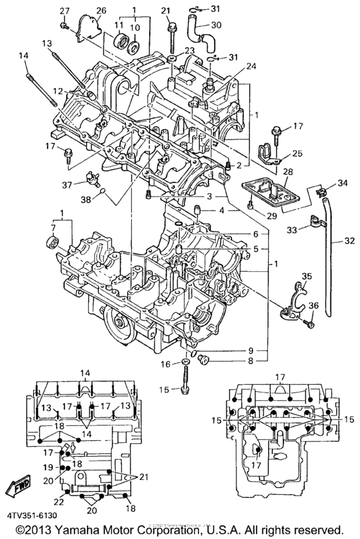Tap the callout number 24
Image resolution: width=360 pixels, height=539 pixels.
click(x=250, y=66)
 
